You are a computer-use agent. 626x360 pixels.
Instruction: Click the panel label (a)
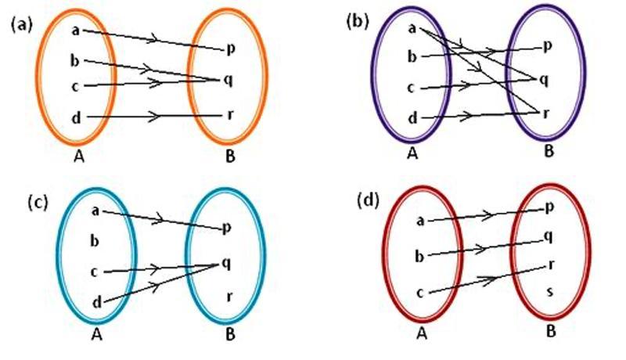tap(21, 24)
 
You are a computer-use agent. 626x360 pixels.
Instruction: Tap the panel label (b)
tap(357, 21)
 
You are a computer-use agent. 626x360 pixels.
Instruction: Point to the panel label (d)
tap(366, 200)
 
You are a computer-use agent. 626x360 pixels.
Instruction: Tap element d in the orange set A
tap(74, 118)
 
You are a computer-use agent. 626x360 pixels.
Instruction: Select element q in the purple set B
tap(543, 79)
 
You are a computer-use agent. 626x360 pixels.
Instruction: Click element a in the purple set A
tap(412, 30)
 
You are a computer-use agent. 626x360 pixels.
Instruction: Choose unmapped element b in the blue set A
tap(94, 239)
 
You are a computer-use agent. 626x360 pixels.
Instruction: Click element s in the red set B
tap(549, 291)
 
